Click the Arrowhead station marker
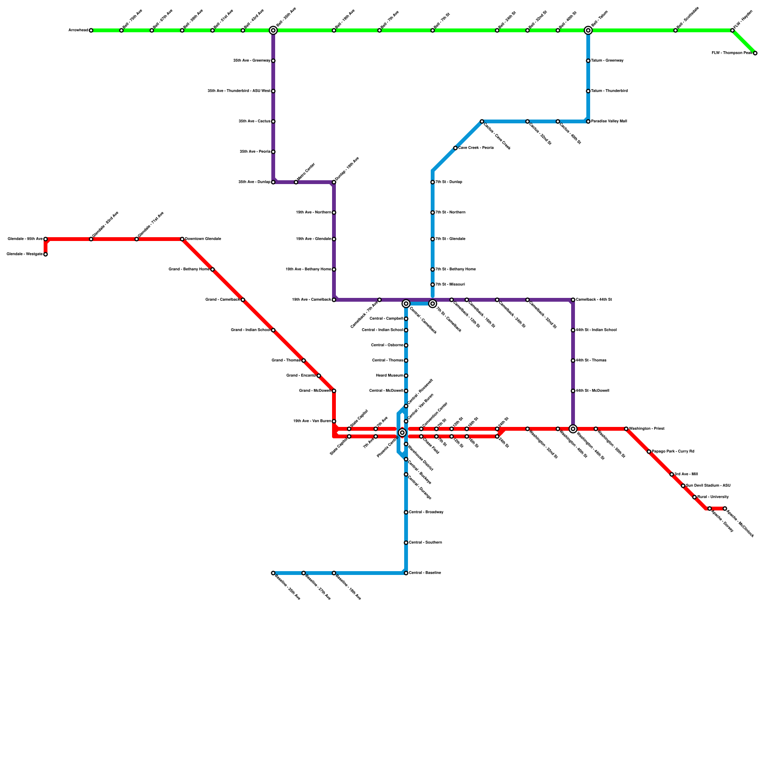tap(91, 30)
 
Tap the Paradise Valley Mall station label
tap(609, 121)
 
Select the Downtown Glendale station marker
tap(182, 239)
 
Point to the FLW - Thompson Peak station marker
tap(755, 53)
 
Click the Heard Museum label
tap(389, 376)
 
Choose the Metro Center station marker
tap(296, 182)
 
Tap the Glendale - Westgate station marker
tap(46, 254)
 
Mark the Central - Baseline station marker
tap(406, 573)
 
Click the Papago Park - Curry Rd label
tap(673, 452)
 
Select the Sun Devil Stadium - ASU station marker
tap(683, 486)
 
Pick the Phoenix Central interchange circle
tap(402, 433)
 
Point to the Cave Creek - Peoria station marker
tap(455, 148)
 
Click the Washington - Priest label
tap(647, 429)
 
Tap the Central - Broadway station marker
tap(406, 512)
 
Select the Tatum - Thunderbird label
tap(609, 91)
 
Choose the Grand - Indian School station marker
tap(273, 330)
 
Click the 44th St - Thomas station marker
tap(573, 361)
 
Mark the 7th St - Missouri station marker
tap(433, 285)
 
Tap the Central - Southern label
tap(425, 543)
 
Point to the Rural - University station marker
tap(694, 497)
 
